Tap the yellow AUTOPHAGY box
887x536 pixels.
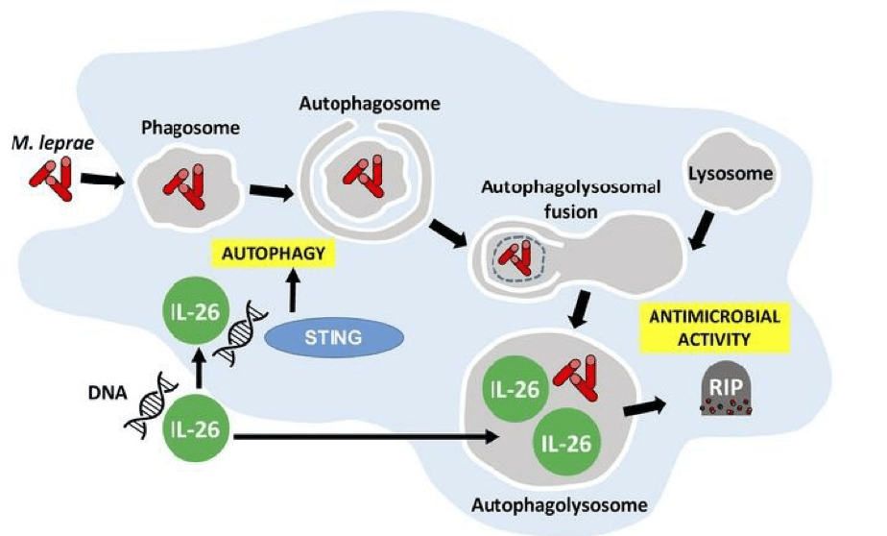[274, 255]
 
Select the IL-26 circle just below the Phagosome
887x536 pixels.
[191, 312]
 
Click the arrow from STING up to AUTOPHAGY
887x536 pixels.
[291, 291]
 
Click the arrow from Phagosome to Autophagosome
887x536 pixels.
[272, 191]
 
